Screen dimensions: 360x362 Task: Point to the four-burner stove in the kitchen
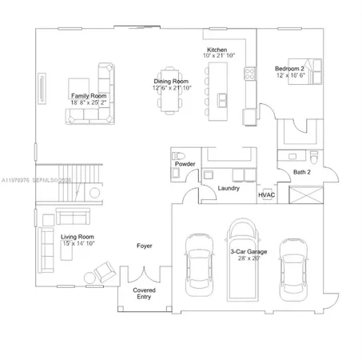pos(249,72)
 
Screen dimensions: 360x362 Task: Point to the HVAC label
pos(266,194)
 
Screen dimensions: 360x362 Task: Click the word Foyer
pos(144,246)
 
